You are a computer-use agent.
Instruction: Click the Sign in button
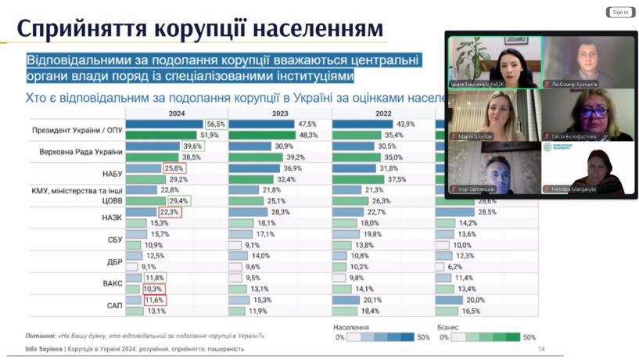click(x=619, y=12)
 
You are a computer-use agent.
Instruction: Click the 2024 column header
click(x=176, y=113)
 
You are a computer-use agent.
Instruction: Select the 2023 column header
click(x=280, y=113)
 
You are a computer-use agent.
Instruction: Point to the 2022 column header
click(x=382, y=113)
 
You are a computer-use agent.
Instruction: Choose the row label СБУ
click(x=115, y=239)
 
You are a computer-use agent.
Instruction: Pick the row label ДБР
click(x=115, y=261)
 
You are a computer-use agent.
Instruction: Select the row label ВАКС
click(x=113, y=283)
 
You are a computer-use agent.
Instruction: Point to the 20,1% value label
click(x=372, y=300)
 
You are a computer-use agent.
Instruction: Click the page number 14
click(x=541, y=349)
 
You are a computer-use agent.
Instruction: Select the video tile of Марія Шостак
click(x=494, y=115)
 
